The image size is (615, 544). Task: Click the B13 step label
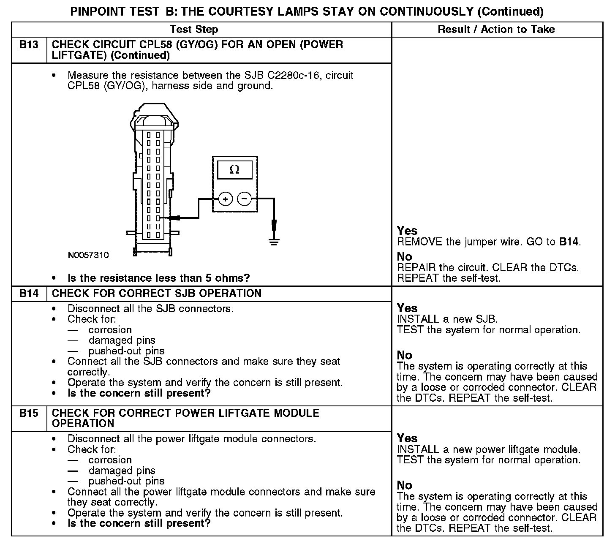pyautogui.click(x=29, y=45)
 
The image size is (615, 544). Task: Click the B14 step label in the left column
pyautogui.click(x=29, y=294)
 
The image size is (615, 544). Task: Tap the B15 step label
pyautogui.click(x=29, y=413)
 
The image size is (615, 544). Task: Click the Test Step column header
pyautogui.click(x=194, y=30)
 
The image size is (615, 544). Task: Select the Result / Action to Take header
pyautogui.click(x=496, y=30)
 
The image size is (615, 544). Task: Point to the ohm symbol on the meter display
pyautogui.click(x=234, y=170)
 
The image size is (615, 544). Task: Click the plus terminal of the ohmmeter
pyautogui.click(x=226, y=199)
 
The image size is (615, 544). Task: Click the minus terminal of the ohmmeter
pyautogui.click(x=244, y=199)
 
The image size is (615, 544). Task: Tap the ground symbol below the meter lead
pyautogui.click(x=274, y=242)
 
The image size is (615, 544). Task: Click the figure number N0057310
pyautogui.click(x=88, y=255)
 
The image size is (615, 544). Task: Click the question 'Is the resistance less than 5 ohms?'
pyautogui.click(x=159, y=278)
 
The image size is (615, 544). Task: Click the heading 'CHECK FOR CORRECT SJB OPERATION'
pyautogui.click(x=157, y=294)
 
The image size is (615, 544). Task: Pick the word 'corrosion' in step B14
pyautogui.click(x=110, y=330)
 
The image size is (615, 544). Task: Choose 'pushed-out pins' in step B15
pyautogui.click(x=126, y=481)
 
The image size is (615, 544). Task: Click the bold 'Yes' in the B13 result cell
pyautogui.click(x=407, y=231)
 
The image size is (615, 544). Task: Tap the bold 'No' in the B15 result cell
pyautogui.click(x=404, y=485)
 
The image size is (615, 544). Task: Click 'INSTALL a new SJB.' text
pyautogui.click(x=447, y=319)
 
